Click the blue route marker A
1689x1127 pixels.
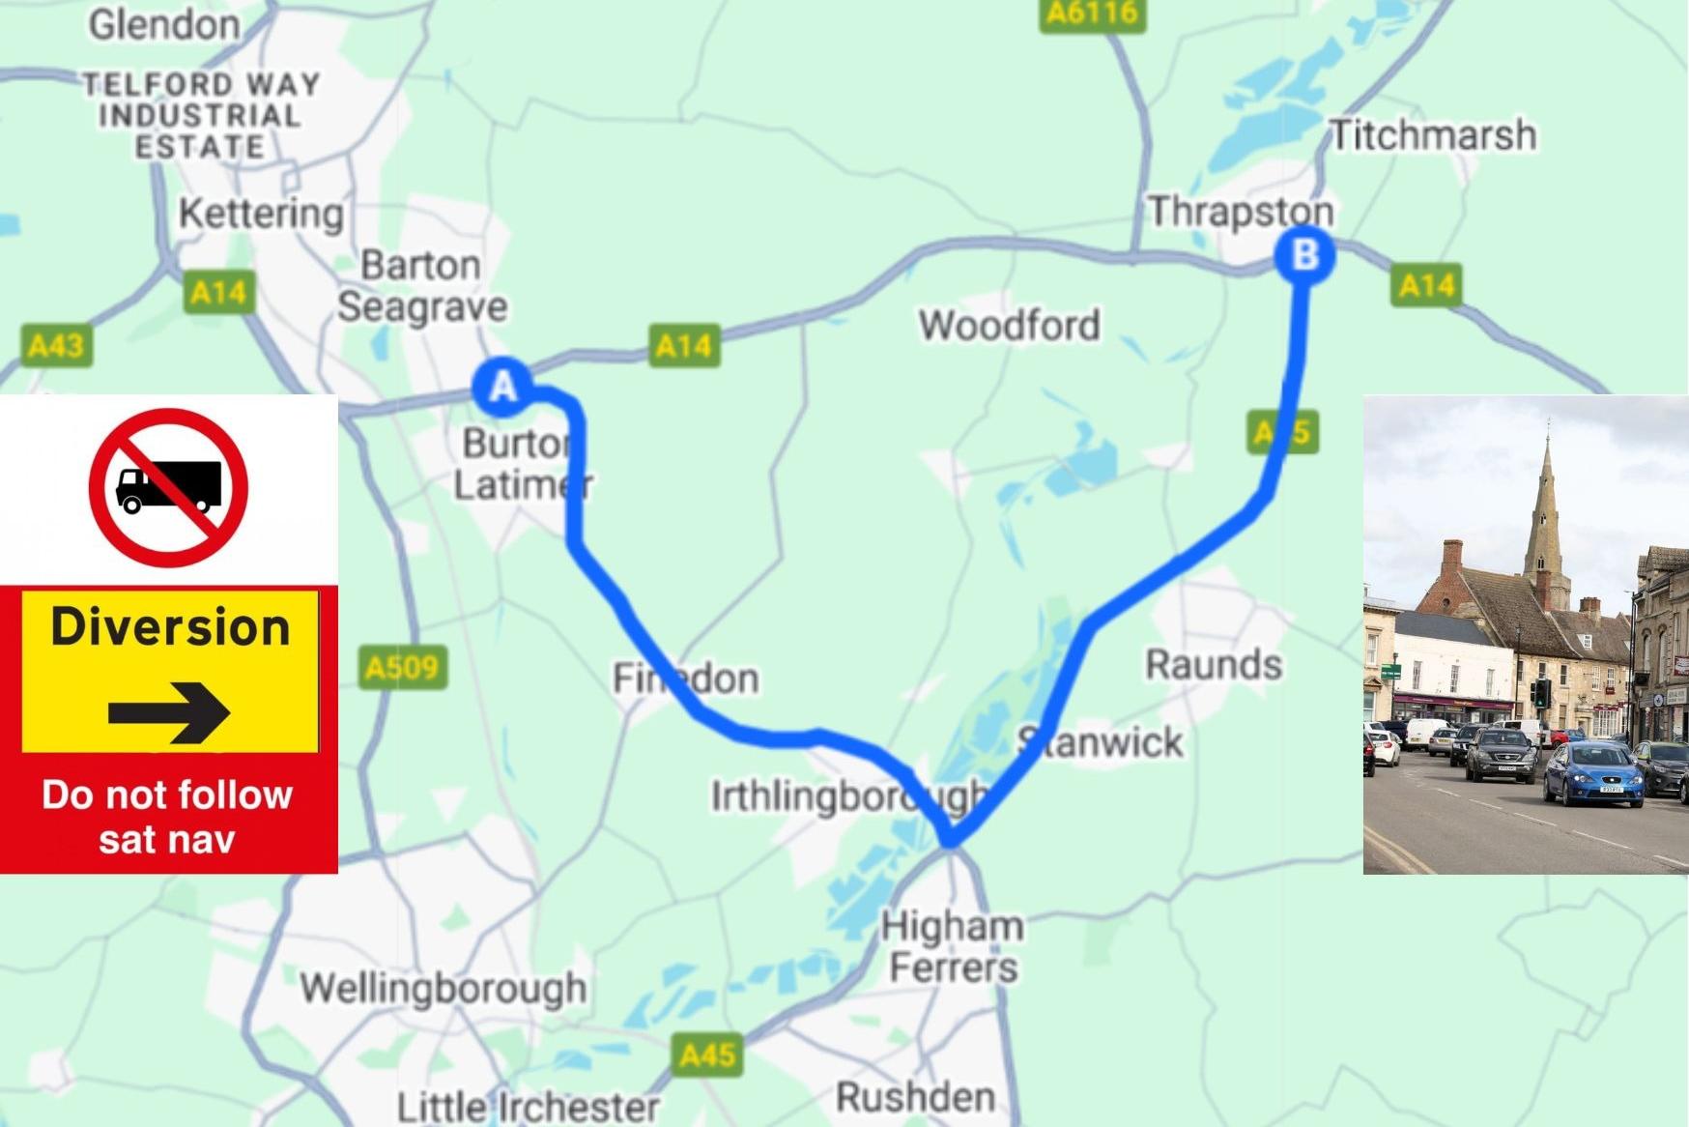(x=502, y=387)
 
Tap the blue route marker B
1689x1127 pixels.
(x=1304, y=255)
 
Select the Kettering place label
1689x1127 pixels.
(x=261, y=214)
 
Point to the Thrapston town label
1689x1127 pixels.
(x=1241, y=211)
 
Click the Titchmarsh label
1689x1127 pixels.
(x=1433, y=134)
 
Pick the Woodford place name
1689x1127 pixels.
(x=1009, y=325)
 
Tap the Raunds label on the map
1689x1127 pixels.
(x=1214, y=664)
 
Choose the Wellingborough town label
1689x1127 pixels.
(x=443, y=988)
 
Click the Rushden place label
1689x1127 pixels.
(x=915, y=1097)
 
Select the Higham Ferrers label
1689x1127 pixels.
(x=953, y=946)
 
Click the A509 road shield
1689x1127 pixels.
(x=403, y=667)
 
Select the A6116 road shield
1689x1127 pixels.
(x=1093, y=14)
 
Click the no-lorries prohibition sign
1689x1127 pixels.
(x=168, y=487)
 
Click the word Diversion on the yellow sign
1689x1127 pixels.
(x=170, y=627)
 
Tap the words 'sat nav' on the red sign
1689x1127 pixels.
(x=167, y=839)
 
